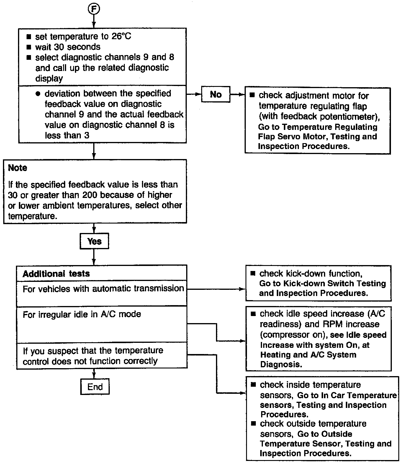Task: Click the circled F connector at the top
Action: [94, 9]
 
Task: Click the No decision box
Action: [216, 94]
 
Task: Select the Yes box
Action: [94, 241]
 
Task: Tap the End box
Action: [95, 386]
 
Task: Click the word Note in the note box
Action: [17, 168]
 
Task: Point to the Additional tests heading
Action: [56, 274]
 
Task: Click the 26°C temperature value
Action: [121, 36]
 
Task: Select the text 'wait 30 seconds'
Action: [68, 47]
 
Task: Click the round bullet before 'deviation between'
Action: [37, 94]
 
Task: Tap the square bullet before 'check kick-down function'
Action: [253, 273]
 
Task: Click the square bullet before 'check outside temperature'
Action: [253, 424]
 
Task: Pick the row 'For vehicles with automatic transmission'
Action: [103, 289]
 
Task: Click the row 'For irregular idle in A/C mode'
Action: [82, 314]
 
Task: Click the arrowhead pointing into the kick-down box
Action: [243, 289]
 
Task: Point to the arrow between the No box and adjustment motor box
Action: [238, 95]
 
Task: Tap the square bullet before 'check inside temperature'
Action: [253, 385]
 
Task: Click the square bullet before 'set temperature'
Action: [29, 37]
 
